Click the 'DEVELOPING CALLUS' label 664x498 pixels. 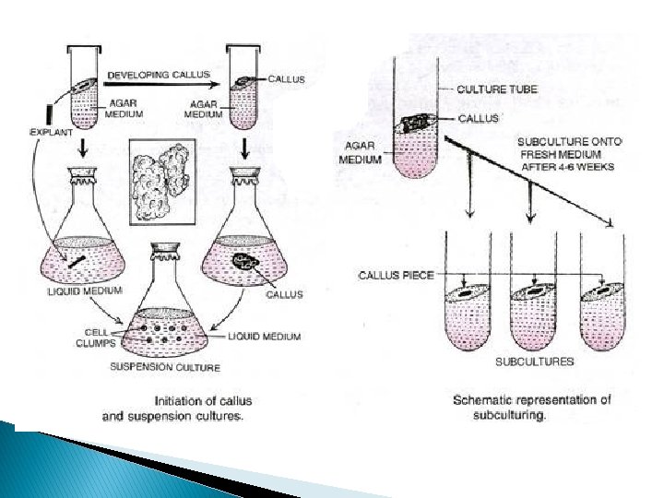(160, 73)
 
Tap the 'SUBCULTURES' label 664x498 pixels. (535, 361)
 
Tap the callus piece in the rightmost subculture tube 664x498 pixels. (601, 290)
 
